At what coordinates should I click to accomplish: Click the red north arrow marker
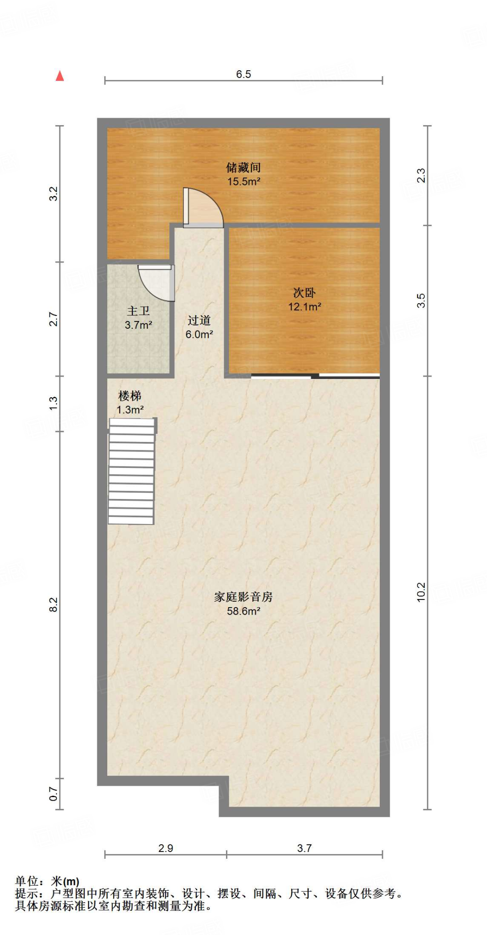(x=60, y=76)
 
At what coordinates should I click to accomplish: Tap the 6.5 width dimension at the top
(x=243, y=74)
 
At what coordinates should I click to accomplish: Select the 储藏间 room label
(x=243, y=168)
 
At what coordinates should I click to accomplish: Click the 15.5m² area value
(x=244, y=182)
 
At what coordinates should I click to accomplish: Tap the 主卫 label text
(x=138, y=311)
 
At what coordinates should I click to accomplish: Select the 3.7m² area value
(x=138, y=325)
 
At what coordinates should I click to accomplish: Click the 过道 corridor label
(x=199, y=320)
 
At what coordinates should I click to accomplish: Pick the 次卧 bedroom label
(x=304, y=293)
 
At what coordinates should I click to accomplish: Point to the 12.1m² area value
(x=304, y=307)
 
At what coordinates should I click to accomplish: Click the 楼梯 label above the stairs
(x=130, y=396)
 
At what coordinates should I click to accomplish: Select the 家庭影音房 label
(x=243, y=597)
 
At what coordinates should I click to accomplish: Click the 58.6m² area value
(x=243, y=611)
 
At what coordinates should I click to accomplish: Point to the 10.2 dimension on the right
(x=421, y=592)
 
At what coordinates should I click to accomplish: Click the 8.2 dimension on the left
(x=53, y=604)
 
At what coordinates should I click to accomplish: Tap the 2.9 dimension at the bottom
(x=166, y=848)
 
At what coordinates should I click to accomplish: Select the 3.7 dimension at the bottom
(x=304, y=848)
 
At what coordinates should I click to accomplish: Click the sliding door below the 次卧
(x=315, y=376)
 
